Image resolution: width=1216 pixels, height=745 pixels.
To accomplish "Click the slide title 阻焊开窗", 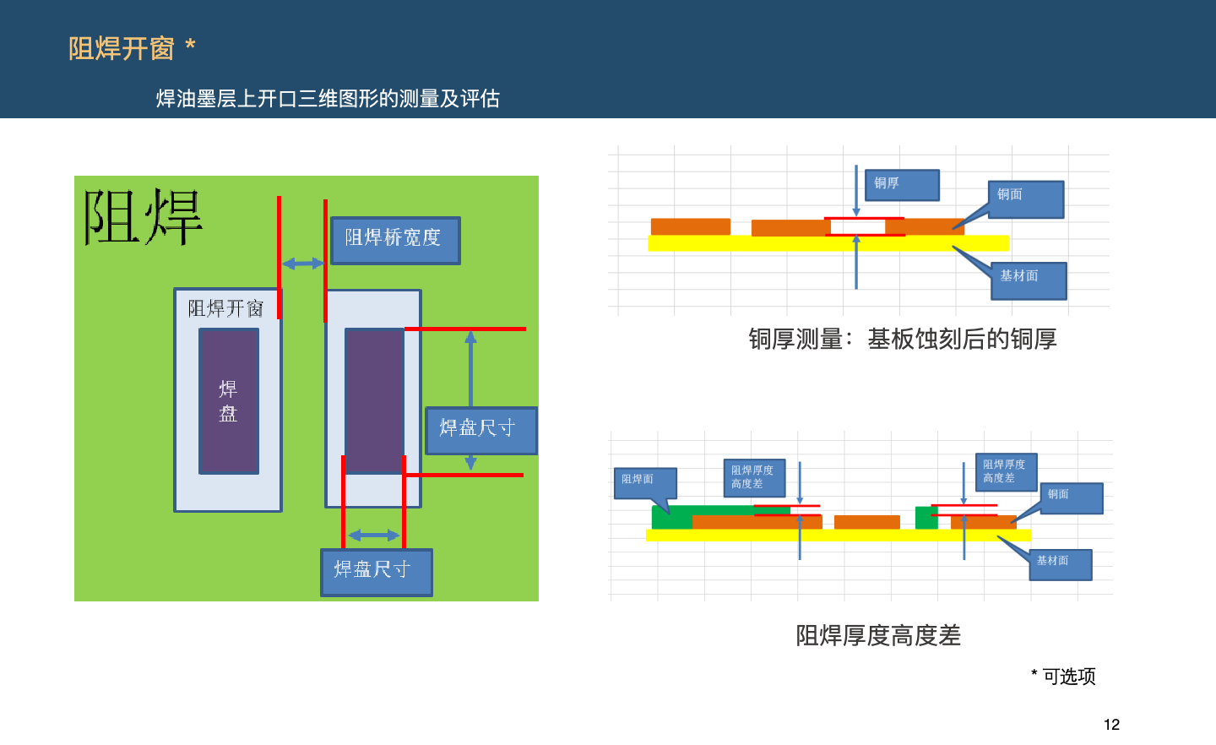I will (x=122, y=49).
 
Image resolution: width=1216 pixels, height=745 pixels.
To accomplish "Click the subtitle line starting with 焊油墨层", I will (x=328, y=99).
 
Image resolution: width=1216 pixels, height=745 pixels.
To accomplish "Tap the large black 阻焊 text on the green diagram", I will (x=144, y=218).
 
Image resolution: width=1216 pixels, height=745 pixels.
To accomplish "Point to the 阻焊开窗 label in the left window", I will (x=225, y=308).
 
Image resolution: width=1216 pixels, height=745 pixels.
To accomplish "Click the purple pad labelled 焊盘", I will (x=229, y=401).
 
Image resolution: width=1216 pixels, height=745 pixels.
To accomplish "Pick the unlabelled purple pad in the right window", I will (x=374, y=401).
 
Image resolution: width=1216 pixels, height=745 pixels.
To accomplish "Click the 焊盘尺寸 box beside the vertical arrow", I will (x=480, y=430).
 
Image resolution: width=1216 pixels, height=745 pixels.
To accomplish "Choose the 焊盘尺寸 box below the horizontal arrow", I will (x=376, y=572).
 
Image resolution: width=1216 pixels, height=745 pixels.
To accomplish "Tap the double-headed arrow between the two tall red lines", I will (x=302, y=264).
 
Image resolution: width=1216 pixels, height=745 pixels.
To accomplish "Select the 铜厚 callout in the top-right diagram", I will (x=902, y=185).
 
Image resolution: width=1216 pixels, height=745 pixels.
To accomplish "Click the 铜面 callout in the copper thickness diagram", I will (x=1025, y=199).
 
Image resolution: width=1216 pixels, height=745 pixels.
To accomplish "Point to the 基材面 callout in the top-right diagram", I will (x=1029, y=280).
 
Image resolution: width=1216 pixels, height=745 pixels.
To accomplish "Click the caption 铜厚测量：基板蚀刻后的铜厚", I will (x=902, y=339).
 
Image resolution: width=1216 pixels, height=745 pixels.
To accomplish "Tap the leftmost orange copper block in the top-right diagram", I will (x=690, y=226).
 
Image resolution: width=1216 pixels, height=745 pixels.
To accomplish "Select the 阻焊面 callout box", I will (x=644, y=482).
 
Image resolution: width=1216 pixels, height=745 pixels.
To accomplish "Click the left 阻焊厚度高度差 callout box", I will (x=753, y=478).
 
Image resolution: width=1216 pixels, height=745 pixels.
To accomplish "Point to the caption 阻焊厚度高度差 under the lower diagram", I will (x=878, y=635).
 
